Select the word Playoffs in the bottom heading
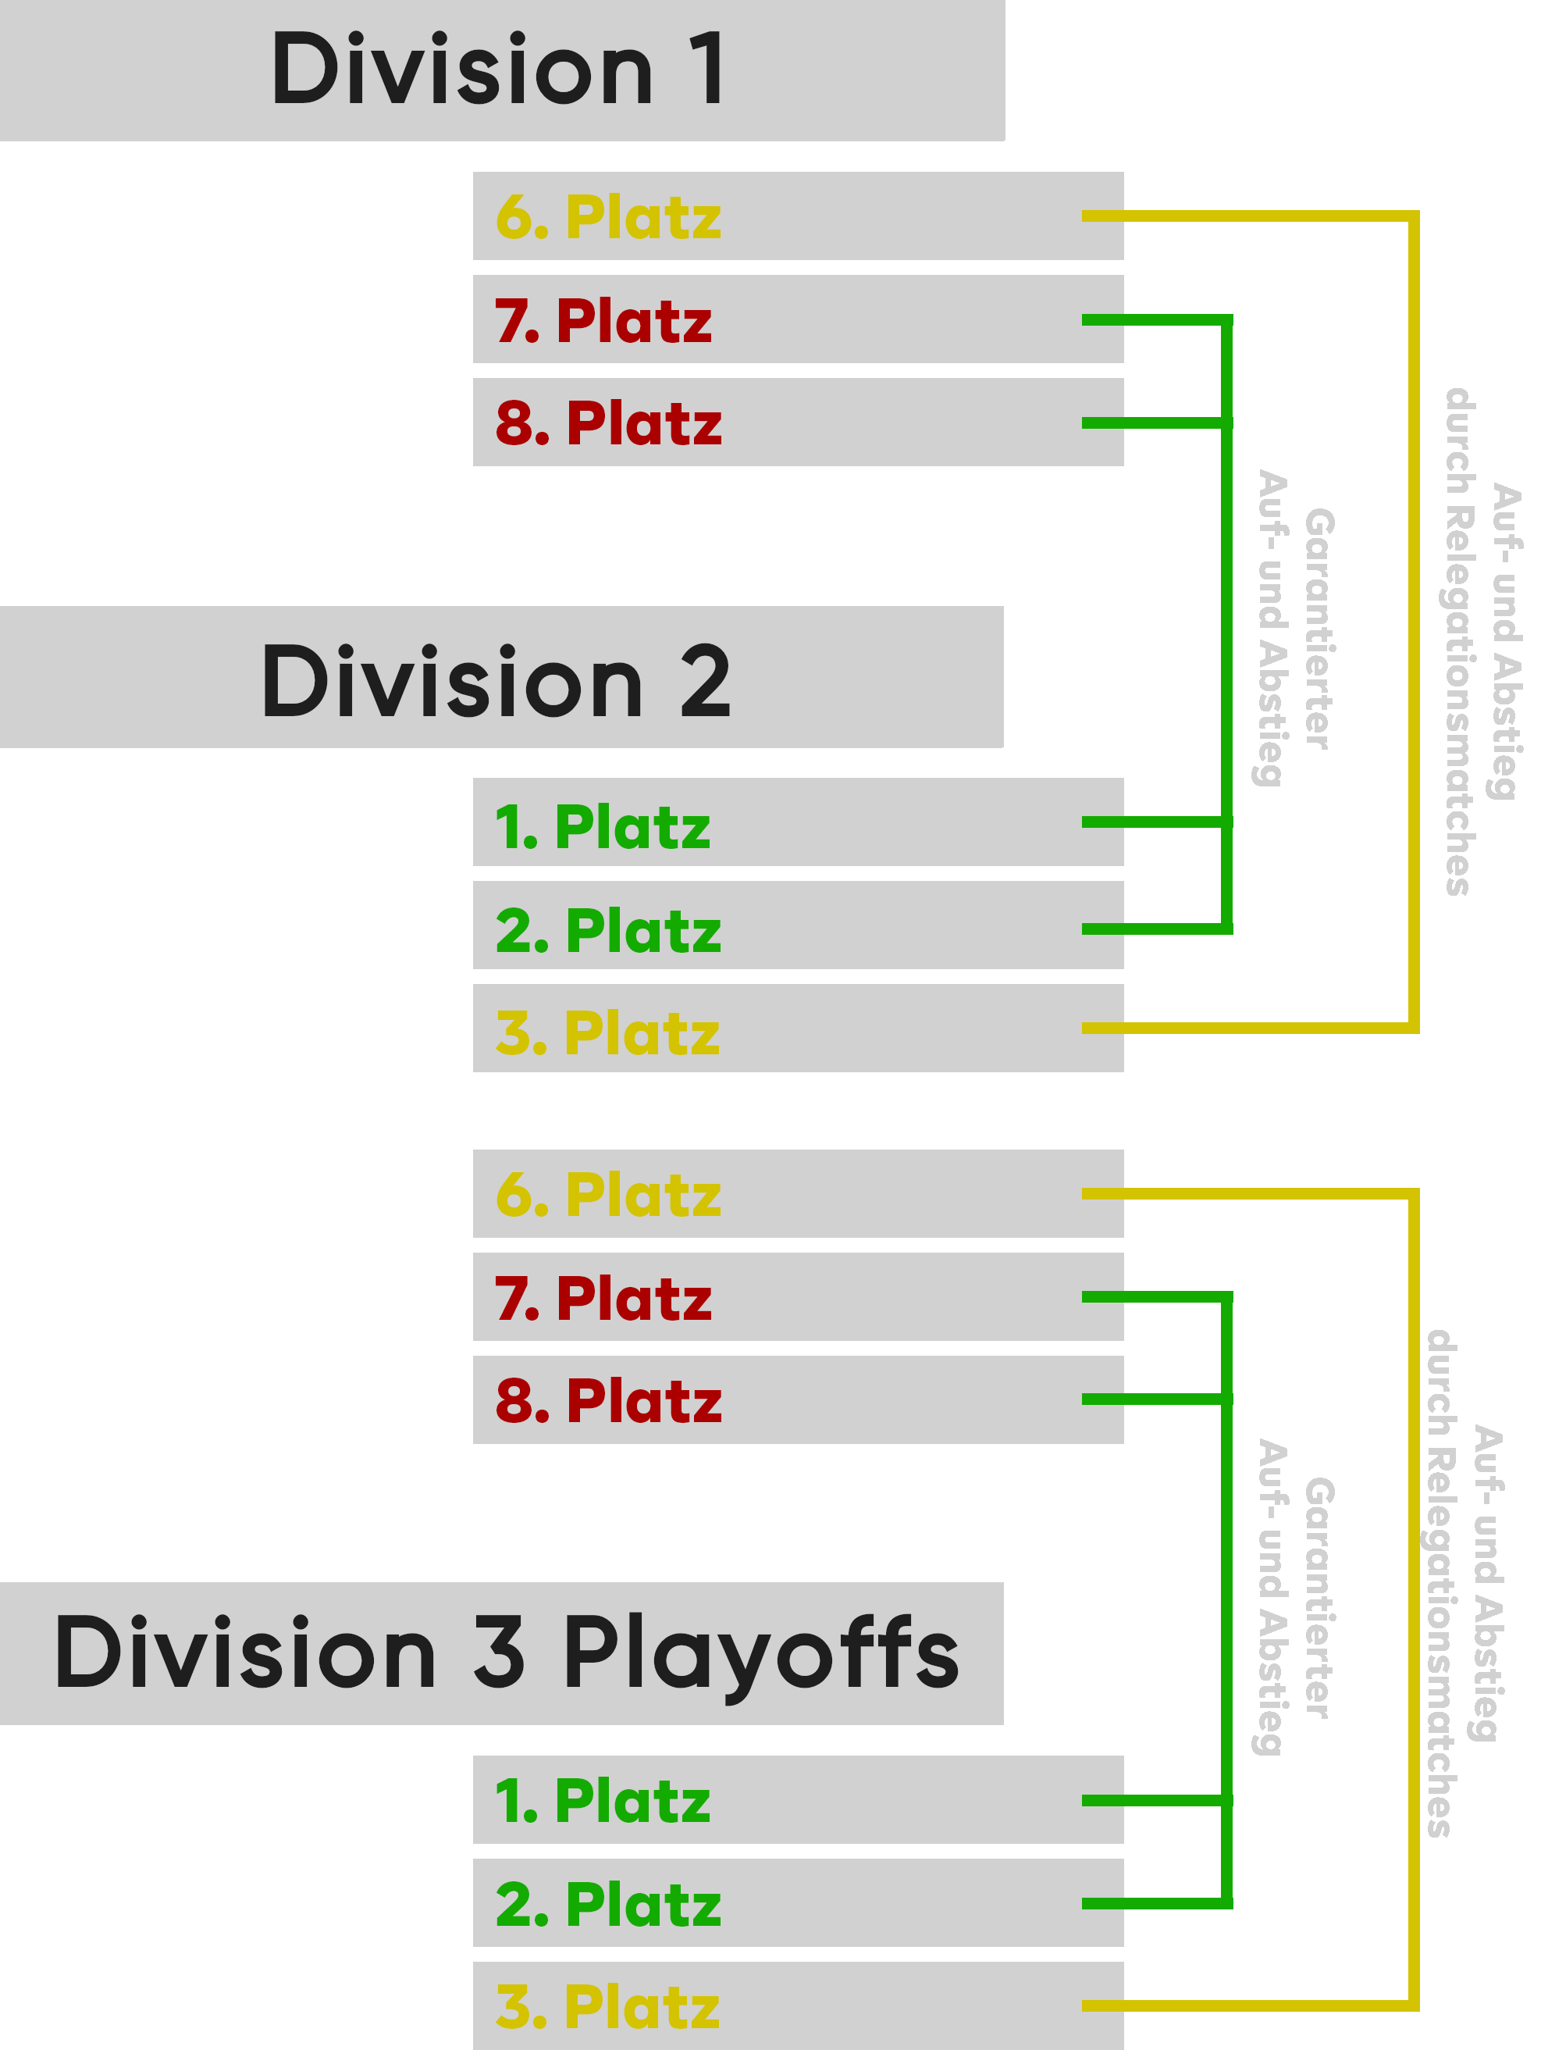[x=760, y=1653]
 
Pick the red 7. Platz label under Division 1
[x=603, y=321]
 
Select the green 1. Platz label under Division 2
[x=603, y=827]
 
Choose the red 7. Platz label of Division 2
[x=603, y=1299]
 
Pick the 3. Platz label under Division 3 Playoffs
[x=607, y=2007]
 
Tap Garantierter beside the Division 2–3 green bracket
[x=1319, y=1598]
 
